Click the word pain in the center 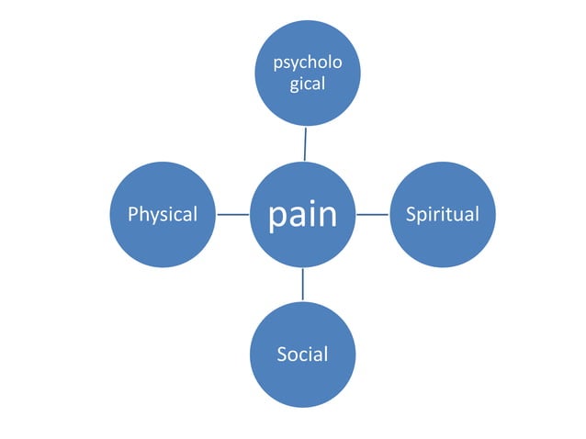pos(302,215)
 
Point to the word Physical pos(163,215)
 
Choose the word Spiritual pos(443,215)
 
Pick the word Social pos(302,354)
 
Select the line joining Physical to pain pos(234,215)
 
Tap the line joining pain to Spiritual pos(372,215)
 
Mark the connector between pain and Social pos(302,284)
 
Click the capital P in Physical pos(133,215)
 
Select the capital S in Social pos(282,354)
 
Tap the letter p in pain pos(278,217)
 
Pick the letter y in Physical pos(153,218)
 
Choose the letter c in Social pos(304,355)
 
